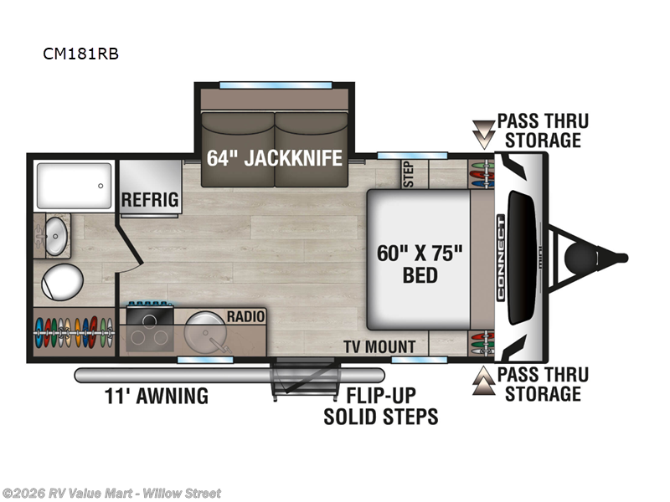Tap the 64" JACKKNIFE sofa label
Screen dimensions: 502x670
pyautogui.click(x=275, y=156)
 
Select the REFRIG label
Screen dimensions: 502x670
pyautogui.click(x=150, y=199)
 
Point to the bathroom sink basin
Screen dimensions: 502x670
pyautogui.click(x=56, y=235)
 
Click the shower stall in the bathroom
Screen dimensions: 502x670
pyautogui.click(x=73, y=186)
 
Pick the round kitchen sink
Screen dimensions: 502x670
pyautogui.click(x=204, y=330)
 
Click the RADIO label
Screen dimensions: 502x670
pyautogui.click(x=245, y=316)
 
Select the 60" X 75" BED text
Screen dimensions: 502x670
pyautogui.click(x=420, y=263)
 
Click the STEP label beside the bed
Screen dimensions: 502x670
pyautogui.click(x=409, y=173)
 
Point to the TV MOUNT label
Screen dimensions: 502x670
pyautogui.click(x=379, y=346)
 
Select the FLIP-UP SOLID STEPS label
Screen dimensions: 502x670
pyautogui.click(x=381, y=405)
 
